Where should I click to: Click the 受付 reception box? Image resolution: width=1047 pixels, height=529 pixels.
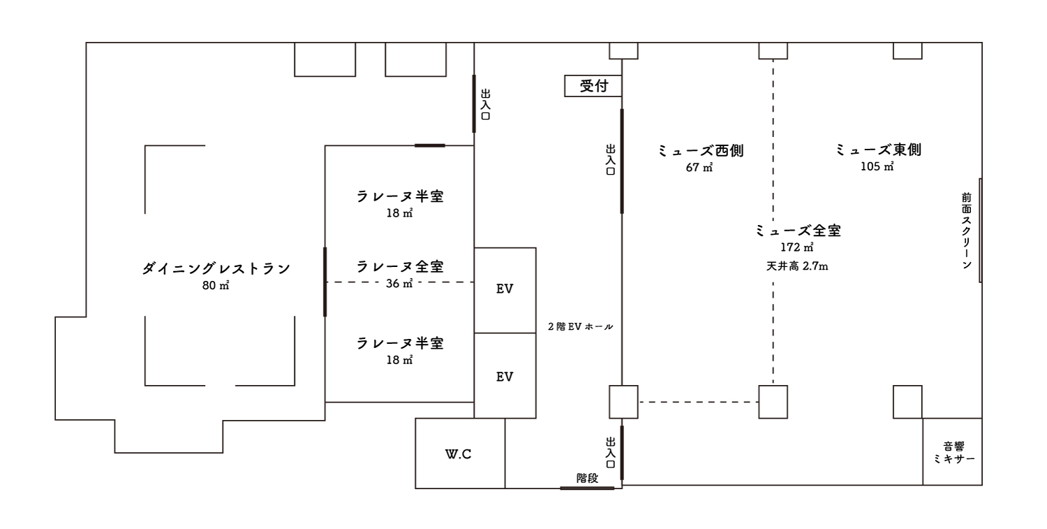pos(593,86)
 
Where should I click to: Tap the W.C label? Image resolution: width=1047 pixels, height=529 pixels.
pos(458,454)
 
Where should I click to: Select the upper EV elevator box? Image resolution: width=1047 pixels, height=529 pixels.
pos(505,290)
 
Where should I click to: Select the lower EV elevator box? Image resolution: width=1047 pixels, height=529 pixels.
pos(505,375)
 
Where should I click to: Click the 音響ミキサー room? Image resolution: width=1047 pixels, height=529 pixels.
pos(953,451)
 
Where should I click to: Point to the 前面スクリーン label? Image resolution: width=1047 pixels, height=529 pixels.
pos(967,231)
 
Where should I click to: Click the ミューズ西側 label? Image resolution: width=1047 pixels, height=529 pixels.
pos(701,150)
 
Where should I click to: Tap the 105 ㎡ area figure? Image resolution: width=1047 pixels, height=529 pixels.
pos(877,166)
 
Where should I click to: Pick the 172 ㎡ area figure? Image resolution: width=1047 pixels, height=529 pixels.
pos(797,247)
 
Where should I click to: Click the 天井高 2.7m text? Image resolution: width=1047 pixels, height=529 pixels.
pos(797,266)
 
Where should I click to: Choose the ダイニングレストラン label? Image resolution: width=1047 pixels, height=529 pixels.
pos(216,268)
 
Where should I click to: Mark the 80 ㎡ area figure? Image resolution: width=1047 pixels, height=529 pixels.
pos(216,285)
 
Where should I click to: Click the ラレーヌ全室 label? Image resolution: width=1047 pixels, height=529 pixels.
pos(400,266)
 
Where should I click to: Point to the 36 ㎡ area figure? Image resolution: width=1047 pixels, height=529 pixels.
pos(399,283)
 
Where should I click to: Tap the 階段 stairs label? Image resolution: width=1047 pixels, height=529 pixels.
pos(587,478)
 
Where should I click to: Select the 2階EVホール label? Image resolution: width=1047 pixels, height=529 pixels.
pos(581,326)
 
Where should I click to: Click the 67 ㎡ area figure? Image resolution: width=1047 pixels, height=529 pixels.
pos(699,167)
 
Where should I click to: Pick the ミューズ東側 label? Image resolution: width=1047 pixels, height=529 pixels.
pos(878,150)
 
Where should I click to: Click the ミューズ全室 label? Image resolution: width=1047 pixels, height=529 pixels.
pos(798,231)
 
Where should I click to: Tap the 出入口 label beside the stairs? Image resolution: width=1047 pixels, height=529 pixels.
pos(611,453)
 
